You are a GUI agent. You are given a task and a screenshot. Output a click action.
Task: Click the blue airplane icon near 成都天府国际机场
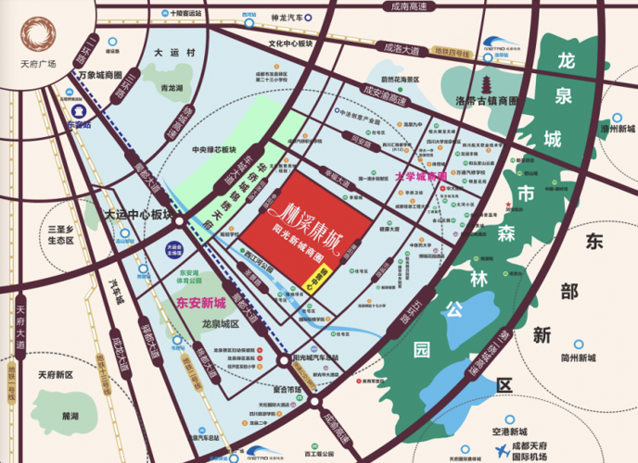pos(501,450)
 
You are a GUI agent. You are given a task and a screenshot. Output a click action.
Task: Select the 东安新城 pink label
pos(202,303)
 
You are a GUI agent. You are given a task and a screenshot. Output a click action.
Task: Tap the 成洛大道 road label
pos(402,46)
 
